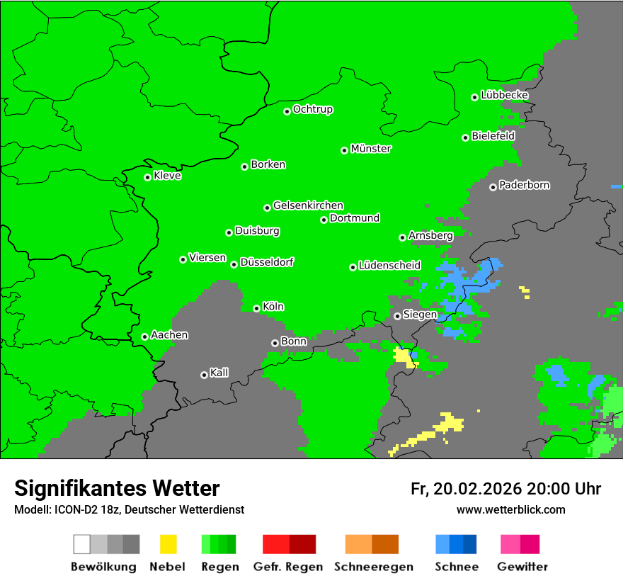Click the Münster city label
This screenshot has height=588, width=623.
pyautogui.click(x=371, y=149)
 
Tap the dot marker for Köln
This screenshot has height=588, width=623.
pyautogui.click(x=256, y=308)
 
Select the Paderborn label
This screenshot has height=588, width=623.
pyautogui.click(x=524, y=185)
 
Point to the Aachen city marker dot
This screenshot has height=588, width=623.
pyautogui.click(x=144, y=337)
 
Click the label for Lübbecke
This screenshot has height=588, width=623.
pyautogui.click(x=504, y=95)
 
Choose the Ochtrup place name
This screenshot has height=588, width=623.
pyautogui.click(x=313, y=109)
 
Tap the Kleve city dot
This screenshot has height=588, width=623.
pyautogui.click(x=147, y=177)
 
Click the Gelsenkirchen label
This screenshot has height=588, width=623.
pyautogui.click(x=308, y=205)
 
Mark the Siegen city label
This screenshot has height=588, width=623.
pyautogui.click(x=420, y=315)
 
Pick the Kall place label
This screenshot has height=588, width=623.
pyautogui.click(x=219, y=373)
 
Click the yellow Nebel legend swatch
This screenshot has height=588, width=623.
pyautogui.click(x=168, y=544)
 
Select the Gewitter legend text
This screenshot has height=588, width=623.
pyautogui.click(x=522, y=567)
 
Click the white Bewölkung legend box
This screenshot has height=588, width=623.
pyautogui.click(x=82, y=544)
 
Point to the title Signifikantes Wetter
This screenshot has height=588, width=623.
pyautogui.click(x=117, y=488)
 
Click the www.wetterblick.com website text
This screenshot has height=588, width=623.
pyautogui.click(x=510, y=509)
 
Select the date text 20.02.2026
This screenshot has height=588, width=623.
pyautogui.click(x=476, y=489)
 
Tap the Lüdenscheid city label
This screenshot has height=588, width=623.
pyautogui.click(x=389, y=266)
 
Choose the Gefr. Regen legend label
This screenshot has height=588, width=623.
pyautogui.click(x=288, y=567)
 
